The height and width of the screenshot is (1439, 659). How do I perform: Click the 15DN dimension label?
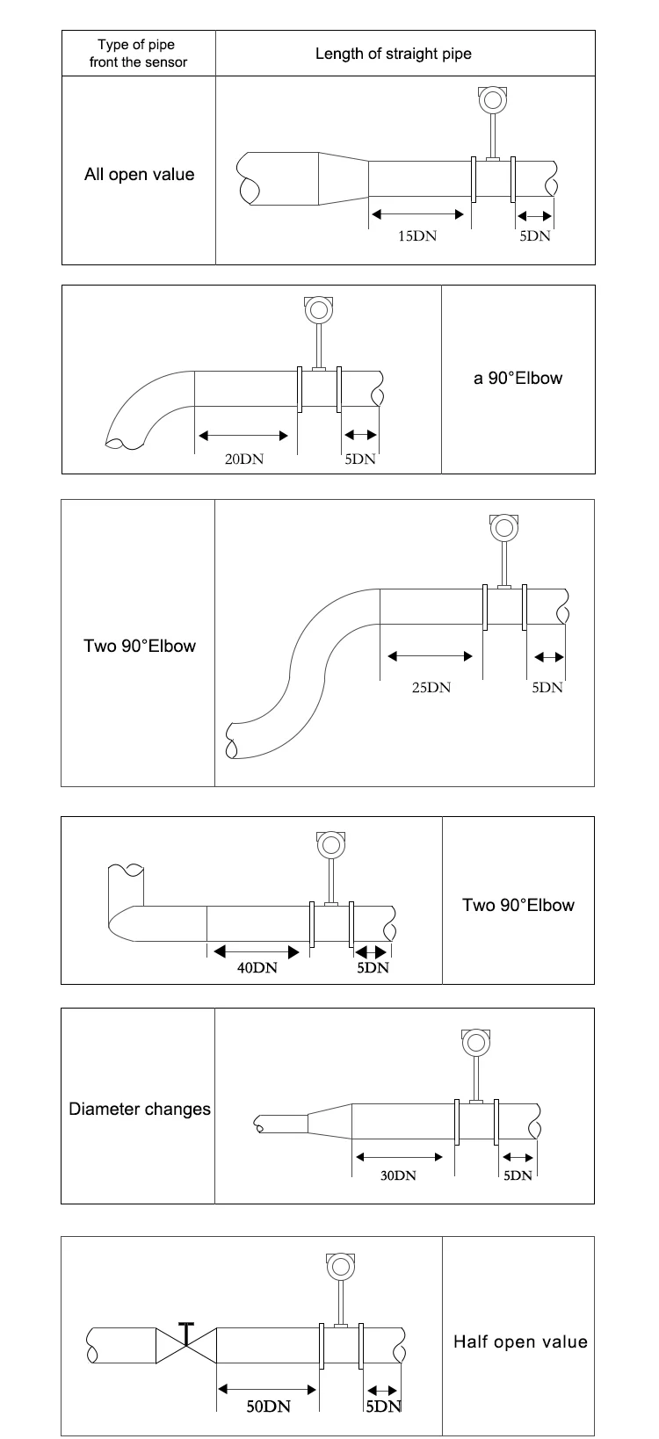pos(416,236)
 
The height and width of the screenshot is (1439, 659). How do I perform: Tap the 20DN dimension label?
pos(244,459)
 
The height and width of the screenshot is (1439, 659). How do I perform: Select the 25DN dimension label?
pos(431,688)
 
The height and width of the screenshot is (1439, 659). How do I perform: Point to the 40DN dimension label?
pos(257,968)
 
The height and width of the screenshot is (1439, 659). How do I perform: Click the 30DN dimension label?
pos(398,1175)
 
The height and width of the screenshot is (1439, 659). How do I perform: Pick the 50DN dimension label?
pos(269,1406)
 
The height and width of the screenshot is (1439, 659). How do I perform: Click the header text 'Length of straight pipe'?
pos(393,54)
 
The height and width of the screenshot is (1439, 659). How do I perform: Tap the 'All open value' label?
pos(140,175)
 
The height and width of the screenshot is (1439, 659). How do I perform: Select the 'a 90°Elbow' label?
pos(518,379)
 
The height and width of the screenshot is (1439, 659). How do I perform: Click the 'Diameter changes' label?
pos(140,1110)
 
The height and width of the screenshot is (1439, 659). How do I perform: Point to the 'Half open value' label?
pos(520,1342)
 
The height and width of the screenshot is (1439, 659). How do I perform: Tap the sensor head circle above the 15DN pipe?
pos(493,100)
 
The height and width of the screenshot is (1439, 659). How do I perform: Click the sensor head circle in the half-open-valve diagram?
pos(340,1268)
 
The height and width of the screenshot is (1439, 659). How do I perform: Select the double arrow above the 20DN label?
pos(243,437)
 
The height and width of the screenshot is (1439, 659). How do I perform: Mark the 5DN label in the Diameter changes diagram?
pos(518,1175)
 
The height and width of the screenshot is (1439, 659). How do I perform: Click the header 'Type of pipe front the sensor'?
pos(138,54)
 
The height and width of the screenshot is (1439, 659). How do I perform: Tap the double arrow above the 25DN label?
pos(430,656)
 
